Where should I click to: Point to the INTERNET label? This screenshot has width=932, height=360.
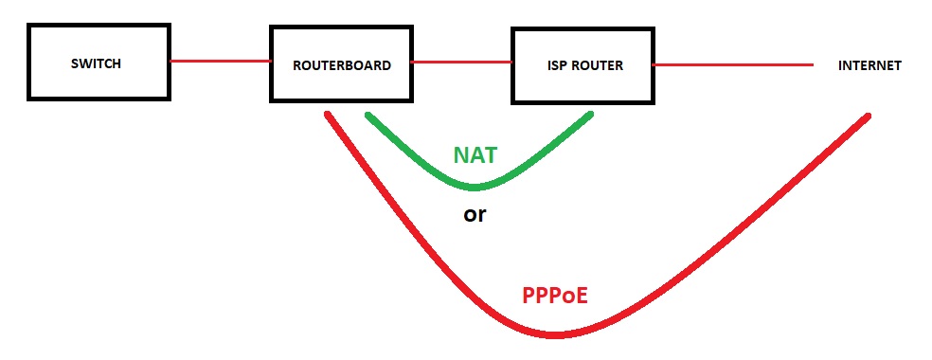point(869,66)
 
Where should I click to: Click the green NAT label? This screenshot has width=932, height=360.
point(475,155)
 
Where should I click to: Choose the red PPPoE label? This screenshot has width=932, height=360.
point(555,296)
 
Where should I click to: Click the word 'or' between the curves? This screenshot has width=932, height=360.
point(475,214)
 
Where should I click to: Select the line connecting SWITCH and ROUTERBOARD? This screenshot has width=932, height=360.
point(221,61)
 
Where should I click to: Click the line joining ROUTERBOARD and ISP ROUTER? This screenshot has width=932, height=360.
point(462,62)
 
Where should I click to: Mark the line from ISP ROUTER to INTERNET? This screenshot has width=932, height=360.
point(733,64)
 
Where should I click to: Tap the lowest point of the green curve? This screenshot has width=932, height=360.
point(475,188)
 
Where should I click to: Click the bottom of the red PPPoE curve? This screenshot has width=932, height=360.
point(554,335)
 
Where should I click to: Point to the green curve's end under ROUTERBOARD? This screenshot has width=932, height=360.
point(368,116)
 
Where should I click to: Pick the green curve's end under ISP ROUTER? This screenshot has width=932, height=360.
point(590,114)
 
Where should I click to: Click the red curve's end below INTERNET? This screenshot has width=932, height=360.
point(868,117)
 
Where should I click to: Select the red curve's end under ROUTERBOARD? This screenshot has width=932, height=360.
point(328,114)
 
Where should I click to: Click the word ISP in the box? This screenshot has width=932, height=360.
point(558,65)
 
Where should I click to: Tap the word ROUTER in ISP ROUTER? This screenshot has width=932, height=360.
point(598,65)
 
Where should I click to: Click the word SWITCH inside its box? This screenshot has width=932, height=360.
point(96,63)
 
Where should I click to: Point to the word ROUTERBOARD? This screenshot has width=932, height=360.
point(342,65)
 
